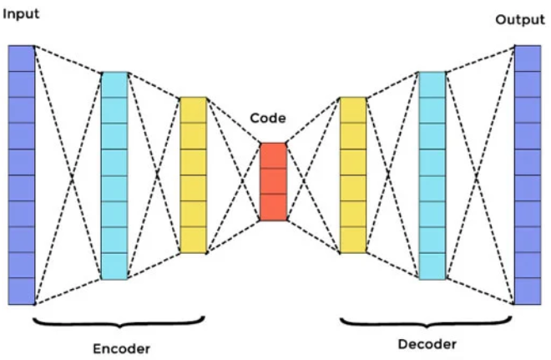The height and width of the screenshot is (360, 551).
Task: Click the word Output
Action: click(519, 19)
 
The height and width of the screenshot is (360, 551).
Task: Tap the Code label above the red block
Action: click(268, 119)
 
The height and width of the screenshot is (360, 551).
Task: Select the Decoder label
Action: click(427, 343)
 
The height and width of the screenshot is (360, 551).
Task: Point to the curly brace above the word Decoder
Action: click(427, 321)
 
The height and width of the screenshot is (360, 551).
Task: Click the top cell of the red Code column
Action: click(273, 155)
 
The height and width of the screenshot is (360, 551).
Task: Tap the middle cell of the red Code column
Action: click(273, 181)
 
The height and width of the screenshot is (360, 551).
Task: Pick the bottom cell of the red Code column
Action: click(273, 207)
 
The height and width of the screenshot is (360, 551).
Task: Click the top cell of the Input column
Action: click(22, 58)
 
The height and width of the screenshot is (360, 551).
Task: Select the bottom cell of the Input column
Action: click(22, 292)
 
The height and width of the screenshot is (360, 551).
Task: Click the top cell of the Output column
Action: click(528, 58)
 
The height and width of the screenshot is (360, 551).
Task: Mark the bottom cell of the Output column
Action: click(528, 292)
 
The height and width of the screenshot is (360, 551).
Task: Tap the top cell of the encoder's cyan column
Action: click(114, 84)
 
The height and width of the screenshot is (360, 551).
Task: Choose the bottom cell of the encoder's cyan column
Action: click(114, 266)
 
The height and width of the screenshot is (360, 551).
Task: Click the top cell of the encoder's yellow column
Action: click(193, 110)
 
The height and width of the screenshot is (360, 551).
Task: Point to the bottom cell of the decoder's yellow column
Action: click(352, 240)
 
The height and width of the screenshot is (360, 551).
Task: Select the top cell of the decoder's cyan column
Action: click(432, 84)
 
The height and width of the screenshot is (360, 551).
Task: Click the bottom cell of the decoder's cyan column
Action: click(432, 266)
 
